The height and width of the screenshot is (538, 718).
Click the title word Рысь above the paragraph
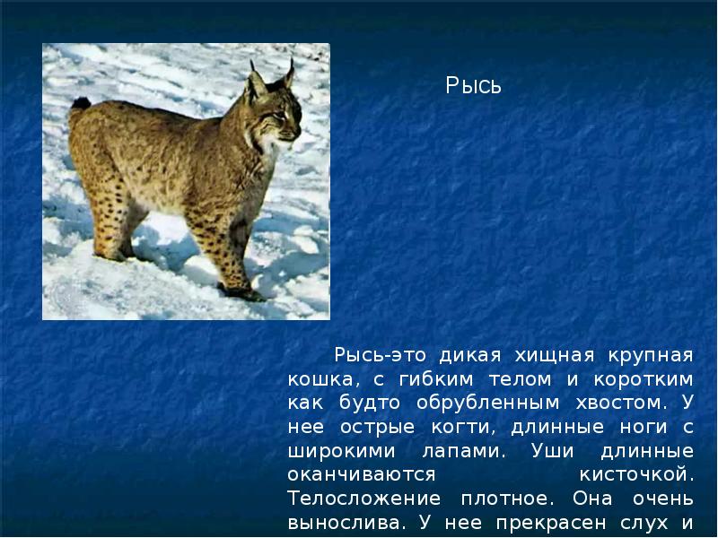474,85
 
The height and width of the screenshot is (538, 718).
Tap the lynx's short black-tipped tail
81,104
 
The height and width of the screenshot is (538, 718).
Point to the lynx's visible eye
279,115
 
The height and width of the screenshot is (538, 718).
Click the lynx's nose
298,132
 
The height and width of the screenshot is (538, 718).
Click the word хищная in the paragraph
555,355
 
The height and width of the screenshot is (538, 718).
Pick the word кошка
320,379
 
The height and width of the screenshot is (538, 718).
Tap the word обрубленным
487,403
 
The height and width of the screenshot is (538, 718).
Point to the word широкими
341,452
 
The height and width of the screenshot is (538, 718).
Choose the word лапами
463,452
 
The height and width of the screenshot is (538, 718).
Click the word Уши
552,451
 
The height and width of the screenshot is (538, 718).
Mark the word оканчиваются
362,475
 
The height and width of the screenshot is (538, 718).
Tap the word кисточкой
636,474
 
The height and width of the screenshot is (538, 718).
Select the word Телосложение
364,499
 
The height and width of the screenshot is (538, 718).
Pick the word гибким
436,379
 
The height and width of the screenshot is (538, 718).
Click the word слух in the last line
642,523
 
